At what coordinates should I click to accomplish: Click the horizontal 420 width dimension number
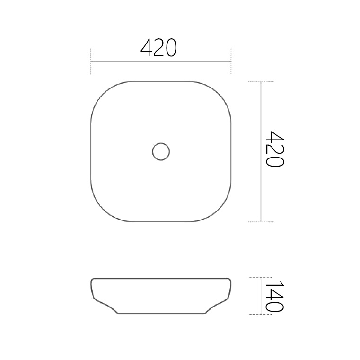tap(159, 48)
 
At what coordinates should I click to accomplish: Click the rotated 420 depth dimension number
tap(274, 149)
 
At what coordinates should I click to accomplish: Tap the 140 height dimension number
tap(274, 296)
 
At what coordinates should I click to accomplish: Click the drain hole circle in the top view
tap(161, 151)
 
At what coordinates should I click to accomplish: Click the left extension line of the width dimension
tap(91, 61)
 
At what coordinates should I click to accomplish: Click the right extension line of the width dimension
tap(231, 61)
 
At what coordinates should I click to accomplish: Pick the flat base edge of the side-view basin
tap(161, 313)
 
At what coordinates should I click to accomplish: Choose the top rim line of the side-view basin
tap(161, 278)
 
